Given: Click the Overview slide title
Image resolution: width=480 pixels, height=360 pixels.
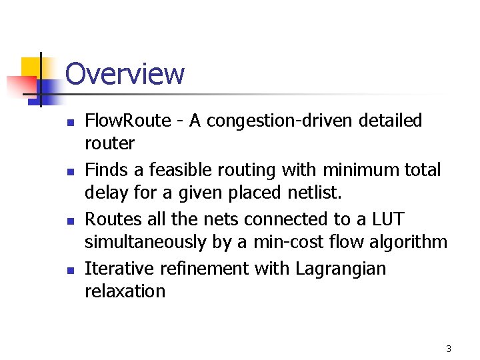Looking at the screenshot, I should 125,74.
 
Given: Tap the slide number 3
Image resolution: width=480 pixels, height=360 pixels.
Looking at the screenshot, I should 449,349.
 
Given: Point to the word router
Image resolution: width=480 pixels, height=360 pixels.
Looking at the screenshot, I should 109,143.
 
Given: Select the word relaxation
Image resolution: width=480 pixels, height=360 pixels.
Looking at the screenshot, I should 125,291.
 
